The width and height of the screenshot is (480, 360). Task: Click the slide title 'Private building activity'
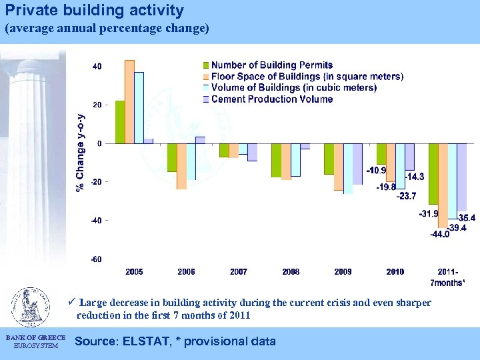(x=94, y=11)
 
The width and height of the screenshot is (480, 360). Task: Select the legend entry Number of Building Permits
(x=273, y=65)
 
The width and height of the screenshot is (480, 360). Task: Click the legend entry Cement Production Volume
(x=272, y=99)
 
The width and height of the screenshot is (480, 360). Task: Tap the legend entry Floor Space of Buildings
(x=307, y=77)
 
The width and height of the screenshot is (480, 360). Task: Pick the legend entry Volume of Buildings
(x=294, y=88)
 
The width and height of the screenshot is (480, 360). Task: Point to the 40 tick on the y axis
(x=97, y=67)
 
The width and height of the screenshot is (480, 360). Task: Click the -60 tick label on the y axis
(x=97, y=259)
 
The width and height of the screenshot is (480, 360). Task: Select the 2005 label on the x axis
(x=134, y=272)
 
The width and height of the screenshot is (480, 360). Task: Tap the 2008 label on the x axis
(x=291, y=272)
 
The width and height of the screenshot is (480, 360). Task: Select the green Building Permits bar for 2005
(x=120, y=122)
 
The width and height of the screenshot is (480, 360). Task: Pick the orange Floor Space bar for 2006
(x=181, y=166)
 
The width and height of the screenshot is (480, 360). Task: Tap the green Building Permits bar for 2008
(x=276, y=160)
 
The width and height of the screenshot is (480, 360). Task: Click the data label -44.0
(x=440, y=235)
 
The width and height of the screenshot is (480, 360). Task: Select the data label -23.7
(x=406, y=196)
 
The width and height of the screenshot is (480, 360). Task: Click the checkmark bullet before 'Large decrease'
(x=73, y=303)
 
